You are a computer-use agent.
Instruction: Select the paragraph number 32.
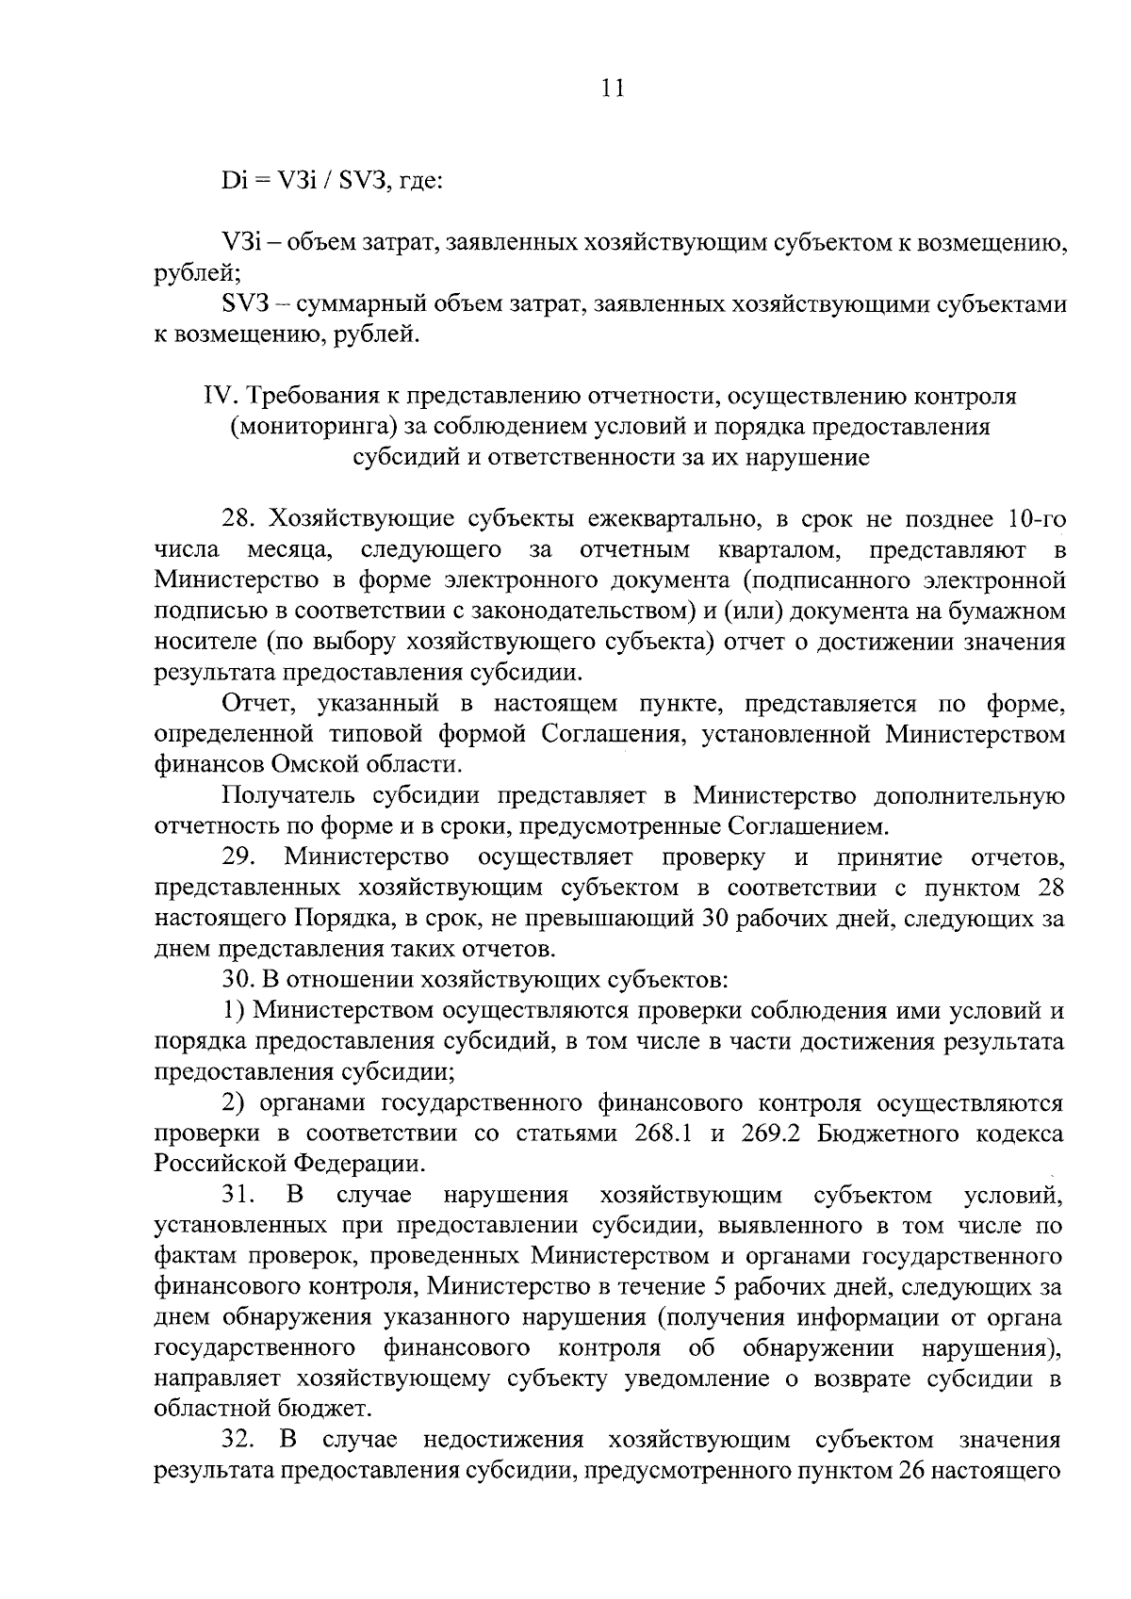pyautogui.click(x=239, y=1441)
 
